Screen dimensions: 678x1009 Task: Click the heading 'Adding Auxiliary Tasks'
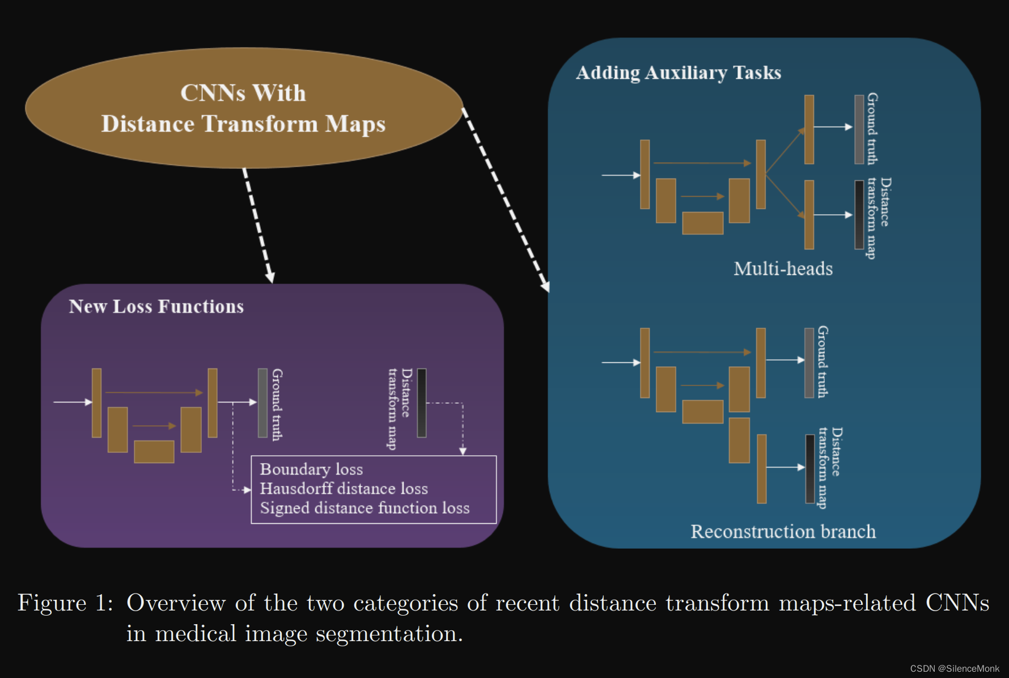(678, 73)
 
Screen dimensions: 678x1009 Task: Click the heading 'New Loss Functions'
(156, 307)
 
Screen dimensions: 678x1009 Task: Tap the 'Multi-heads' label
(783, 269)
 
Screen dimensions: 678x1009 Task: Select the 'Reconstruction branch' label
(783, 532)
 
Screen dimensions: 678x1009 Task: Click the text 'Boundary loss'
(311, 469)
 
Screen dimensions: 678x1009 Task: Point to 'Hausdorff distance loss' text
(344, 489)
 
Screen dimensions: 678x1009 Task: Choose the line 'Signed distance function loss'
(364, 508)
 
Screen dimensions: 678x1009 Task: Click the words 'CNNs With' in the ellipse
(243, 94)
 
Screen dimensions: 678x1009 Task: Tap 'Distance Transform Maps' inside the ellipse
(243, 124)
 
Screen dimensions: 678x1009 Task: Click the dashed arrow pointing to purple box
(258, 227)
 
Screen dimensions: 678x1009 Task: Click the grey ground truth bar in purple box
(262, 403)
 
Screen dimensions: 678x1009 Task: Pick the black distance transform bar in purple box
(422, 403)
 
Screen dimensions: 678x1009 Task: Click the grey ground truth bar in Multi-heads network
(859, 129)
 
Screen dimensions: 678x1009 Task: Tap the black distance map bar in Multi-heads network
(859, 215)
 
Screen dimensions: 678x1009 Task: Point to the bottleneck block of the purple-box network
(154, 452)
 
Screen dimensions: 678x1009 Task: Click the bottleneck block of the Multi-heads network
(702, 223)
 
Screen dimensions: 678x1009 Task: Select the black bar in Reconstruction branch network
(810, 469)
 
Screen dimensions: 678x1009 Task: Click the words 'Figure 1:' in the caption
(65, 603)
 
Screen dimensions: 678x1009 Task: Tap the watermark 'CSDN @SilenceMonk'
(955, 669)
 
